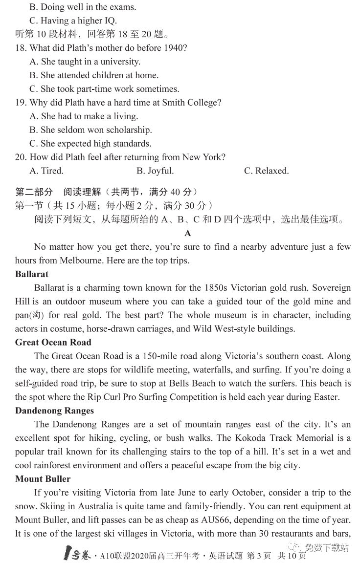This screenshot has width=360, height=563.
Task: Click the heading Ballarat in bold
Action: click(32, 274)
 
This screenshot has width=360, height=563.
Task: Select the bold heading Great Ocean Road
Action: click(53, 342)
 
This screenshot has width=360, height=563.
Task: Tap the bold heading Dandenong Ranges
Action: click(54, 411)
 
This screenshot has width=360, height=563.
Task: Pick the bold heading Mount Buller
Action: click(43, 479)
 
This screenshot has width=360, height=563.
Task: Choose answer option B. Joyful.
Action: click(155, 171)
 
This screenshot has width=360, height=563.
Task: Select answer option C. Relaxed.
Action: click(266, 171)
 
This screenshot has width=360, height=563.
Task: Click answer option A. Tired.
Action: click(46, 171)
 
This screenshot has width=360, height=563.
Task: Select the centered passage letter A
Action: click(188, 234)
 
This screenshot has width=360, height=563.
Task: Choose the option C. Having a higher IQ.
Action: click(73, 21)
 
